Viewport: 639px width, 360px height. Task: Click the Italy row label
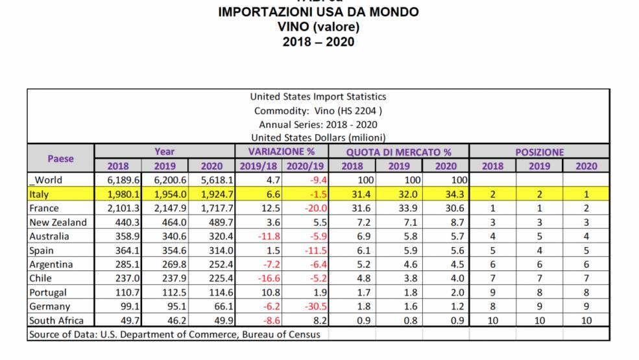click(40, 195)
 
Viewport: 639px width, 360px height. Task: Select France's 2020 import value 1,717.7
click(214, 209)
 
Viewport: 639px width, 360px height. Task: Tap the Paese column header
click(61, 158)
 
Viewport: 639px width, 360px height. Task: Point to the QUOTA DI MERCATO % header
click(398, 152)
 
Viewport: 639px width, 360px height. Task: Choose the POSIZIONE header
click(539, 152)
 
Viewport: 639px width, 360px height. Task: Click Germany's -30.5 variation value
click(310, 307)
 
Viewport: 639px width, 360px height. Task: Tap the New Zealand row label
click(58, 222)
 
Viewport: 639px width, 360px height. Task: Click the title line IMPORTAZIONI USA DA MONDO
click(318, 12)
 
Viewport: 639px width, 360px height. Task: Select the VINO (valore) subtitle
click(318, 27)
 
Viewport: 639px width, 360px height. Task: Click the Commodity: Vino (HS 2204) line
click(318, 110)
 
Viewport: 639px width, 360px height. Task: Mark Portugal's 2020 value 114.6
click(214, 293)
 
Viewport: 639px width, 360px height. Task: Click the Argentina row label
click(51, 265)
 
